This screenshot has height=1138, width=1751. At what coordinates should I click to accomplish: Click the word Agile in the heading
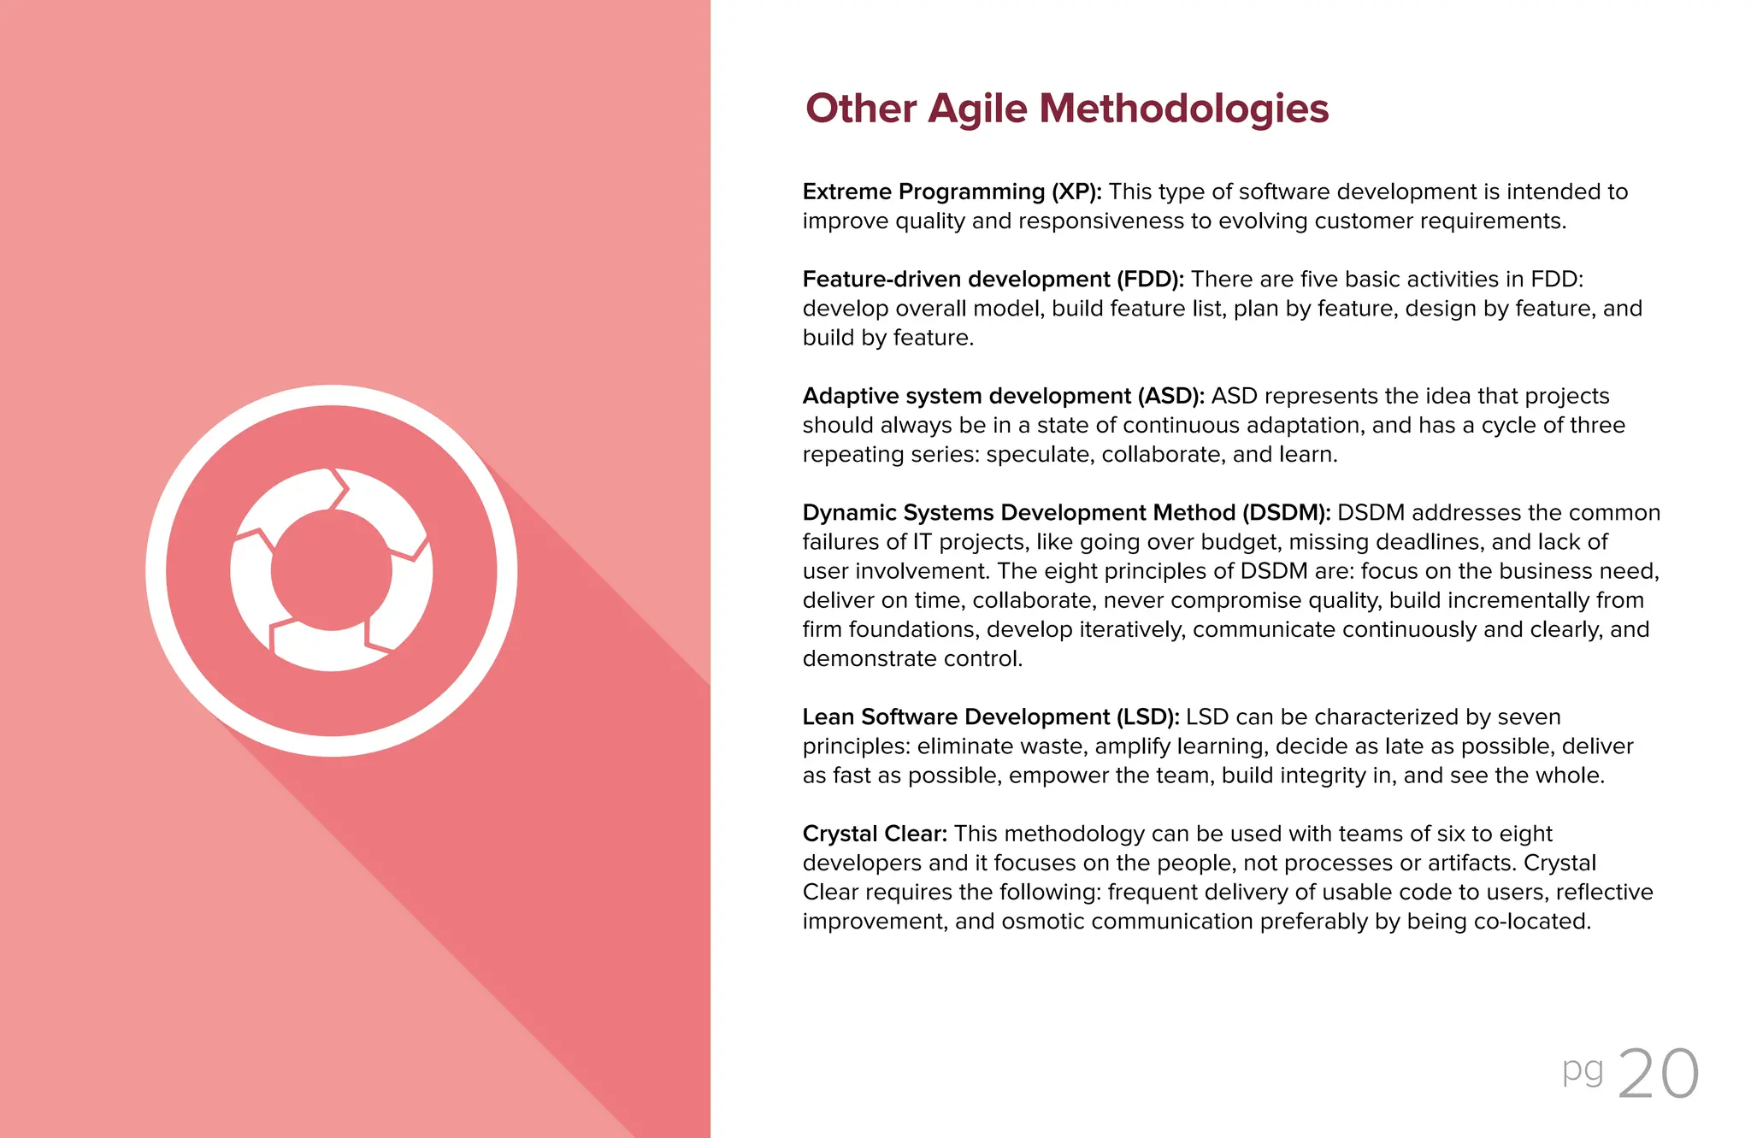(977, 109)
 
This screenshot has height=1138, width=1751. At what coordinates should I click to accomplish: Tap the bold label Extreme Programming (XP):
(952, 192)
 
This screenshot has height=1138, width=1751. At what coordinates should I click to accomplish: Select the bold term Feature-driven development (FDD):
(993, 280)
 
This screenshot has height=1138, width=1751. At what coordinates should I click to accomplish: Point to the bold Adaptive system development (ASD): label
(1003, 396)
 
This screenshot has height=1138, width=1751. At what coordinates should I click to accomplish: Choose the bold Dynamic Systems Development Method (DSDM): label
(1066, 512)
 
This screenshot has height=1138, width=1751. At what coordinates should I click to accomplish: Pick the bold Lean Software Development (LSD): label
(990, 716)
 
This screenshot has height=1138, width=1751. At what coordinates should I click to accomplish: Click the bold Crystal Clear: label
(874, 834)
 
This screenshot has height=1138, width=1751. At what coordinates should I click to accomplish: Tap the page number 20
(1658, 1074)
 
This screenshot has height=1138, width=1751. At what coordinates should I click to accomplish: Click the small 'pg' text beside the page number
(1583, 1070)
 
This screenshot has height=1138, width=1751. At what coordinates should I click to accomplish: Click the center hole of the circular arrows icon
(332, 570)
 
